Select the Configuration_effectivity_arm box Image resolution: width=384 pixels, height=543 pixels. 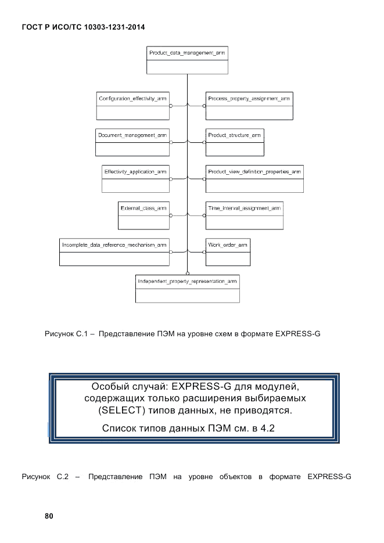132,106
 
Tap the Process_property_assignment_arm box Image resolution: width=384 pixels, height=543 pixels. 249,106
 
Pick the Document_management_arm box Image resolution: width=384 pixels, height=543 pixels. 132,142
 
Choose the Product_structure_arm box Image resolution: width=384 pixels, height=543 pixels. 234,142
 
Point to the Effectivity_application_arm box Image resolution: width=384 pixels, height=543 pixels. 135,178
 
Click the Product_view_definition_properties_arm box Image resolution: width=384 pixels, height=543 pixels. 254,178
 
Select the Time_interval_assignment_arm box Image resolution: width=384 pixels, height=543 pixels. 245,214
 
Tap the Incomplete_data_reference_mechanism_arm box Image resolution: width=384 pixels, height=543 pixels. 114,251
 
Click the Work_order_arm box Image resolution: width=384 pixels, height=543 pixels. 228,251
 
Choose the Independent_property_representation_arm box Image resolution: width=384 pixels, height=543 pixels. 187,288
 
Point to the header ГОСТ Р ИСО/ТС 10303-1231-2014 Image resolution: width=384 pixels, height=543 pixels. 83,27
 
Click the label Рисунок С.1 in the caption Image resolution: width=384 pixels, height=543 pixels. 65,335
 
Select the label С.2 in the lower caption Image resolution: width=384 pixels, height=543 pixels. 63,477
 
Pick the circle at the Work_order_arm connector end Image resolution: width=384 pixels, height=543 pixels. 204,251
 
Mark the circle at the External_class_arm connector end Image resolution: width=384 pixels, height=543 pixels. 170,215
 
